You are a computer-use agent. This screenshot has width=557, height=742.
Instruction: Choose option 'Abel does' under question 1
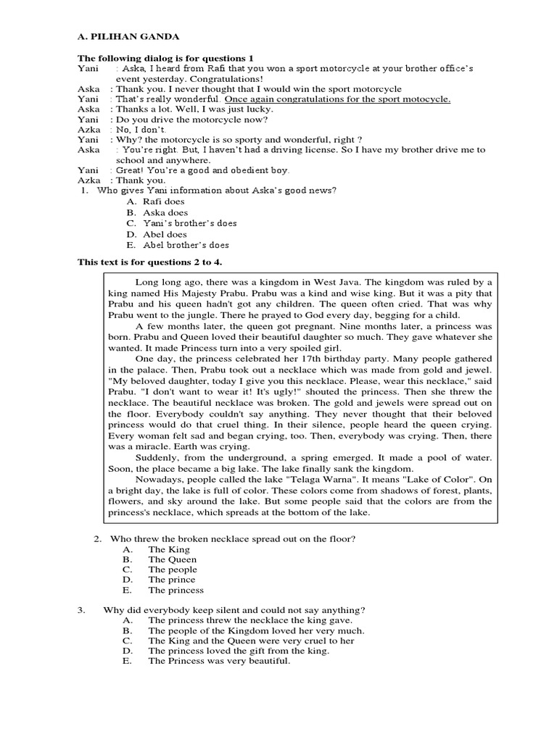[167, 234]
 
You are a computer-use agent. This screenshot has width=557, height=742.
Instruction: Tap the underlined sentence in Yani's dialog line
[337, 99]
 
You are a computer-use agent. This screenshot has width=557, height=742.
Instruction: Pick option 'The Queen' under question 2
[173, 559]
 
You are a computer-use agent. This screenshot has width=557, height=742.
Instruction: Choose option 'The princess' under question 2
[176, 590]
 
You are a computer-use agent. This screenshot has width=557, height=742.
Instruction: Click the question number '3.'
[82, 610]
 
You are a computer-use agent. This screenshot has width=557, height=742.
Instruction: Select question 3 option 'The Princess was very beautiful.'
[219, 661]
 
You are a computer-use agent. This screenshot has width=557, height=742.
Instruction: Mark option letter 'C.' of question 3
[128, 641]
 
